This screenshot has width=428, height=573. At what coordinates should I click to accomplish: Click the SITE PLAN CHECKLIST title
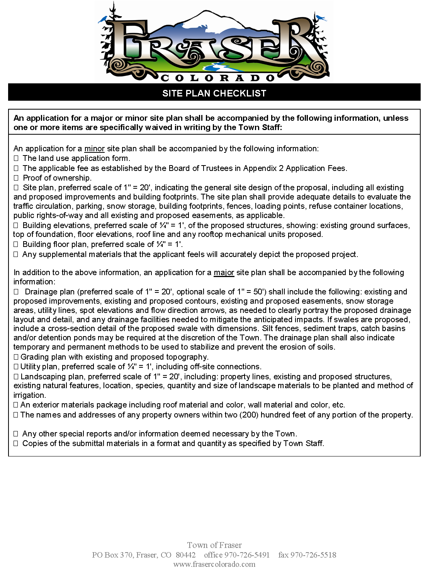(x=214, y=93)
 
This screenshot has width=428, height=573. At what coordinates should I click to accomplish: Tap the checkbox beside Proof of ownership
(x=16, y=178)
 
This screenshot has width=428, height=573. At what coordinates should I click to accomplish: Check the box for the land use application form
(x=16, y=158)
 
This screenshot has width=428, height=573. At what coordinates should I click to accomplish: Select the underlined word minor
(x=95, y=149)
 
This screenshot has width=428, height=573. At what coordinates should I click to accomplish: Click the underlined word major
(x=224, y=273)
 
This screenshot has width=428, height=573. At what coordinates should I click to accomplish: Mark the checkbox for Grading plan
(x=16, y=357)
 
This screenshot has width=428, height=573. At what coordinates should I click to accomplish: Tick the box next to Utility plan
(x=16, y=367)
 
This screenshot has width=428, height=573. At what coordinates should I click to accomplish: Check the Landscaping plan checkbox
(x=16, y=377)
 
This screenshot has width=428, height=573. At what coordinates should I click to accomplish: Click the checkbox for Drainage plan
(x=16, y=292)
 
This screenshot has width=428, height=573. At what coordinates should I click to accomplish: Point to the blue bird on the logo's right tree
(x=321, y=18)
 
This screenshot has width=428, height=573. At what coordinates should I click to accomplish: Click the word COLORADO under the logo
(x=217, y=78)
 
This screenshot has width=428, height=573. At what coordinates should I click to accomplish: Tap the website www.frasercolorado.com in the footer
(x=214, y=564)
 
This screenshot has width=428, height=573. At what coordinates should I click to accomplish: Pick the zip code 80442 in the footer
(x=185, y=555)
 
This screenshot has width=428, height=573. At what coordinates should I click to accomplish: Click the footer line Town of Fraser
(x=214, y=545)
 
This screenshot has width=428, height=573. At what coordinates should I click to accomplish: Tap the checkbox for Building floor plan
(x=16, y=244)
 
